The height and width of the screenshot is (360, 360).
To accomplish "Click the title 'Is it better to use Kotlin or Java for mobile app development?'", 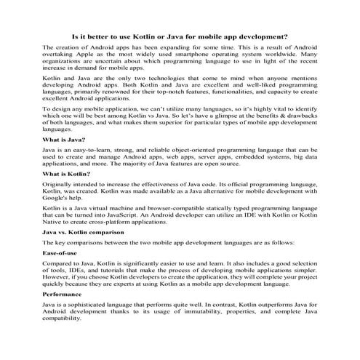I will tap(180, 35).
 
